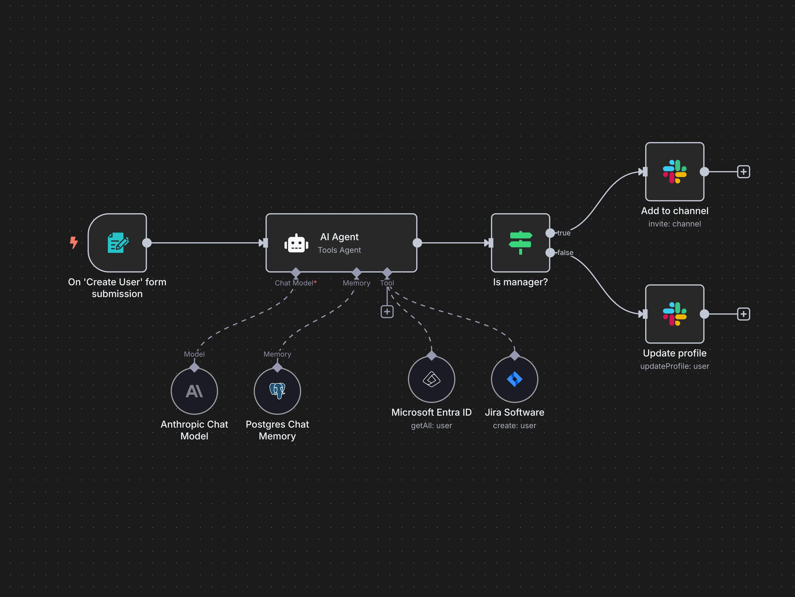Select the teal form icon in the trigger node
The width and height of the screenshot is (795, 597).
click(118, 243)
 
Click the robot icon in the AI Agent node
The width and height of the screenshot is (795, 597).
click(296, 243)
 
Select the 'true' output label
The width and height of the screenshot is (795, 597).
click(563, 233)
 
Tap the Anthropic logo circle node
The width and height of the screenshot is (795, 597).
click(194, 391)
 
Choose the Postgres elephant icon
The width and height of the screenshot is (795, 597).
click(277, 391)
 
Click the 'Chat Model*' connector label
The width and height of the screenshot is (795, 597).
click(295, 283)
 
